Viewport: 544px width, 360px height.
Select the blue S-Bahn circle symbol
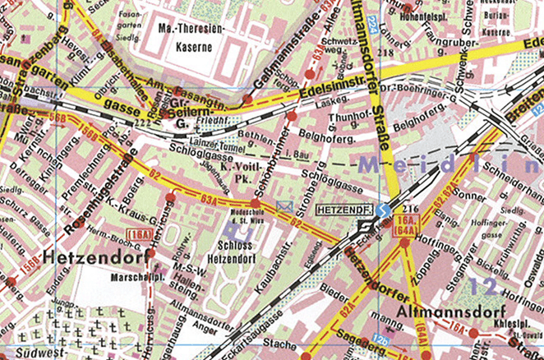(x=382, y=210)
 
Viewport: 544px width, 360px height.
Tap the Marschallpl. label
(x=133, y=276)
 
